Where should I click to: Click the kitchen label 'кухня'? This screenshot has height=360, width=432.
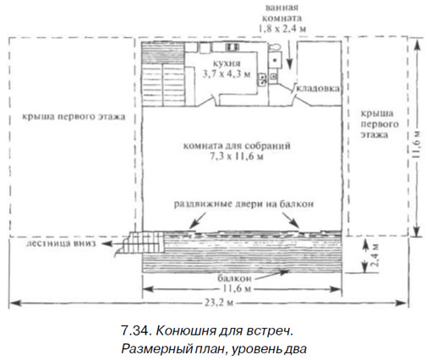(227, 63)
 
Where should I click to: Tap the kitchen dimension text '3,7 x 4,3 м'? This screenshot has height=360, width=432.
(227, 74)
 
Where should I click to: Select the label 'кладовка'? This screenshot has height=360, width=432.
(319, 89)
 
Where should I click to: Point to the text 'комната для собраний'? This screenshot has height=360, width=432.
(237, 146)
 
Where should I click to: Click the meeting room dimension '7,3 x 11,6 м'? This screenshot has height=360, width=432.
(237, 156)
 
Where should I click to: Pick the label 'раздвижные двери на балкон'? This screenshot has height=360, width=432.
(243, 204)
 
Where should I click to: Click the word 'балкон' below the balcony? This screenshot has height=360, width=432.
(234, 278)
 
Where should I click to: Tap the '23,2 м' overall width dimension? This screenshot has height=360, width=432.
(218, 303)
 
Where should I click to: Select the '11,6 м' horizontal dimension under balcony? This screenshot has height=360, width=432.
(237, 289)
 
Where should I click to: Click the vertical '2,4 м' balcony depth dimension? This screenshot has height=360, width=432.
(375, 255)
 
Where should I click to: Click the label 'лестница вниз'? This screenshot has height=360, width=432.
(61, 243)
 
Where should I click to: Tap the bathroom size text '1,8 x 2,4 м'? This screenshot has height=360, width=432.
(282, 29)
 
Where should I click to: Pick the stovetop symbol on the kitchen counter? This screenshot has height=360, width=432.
(232, 46)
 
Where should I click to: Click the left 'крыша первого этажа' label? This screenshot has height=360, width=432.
(74, 117)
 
